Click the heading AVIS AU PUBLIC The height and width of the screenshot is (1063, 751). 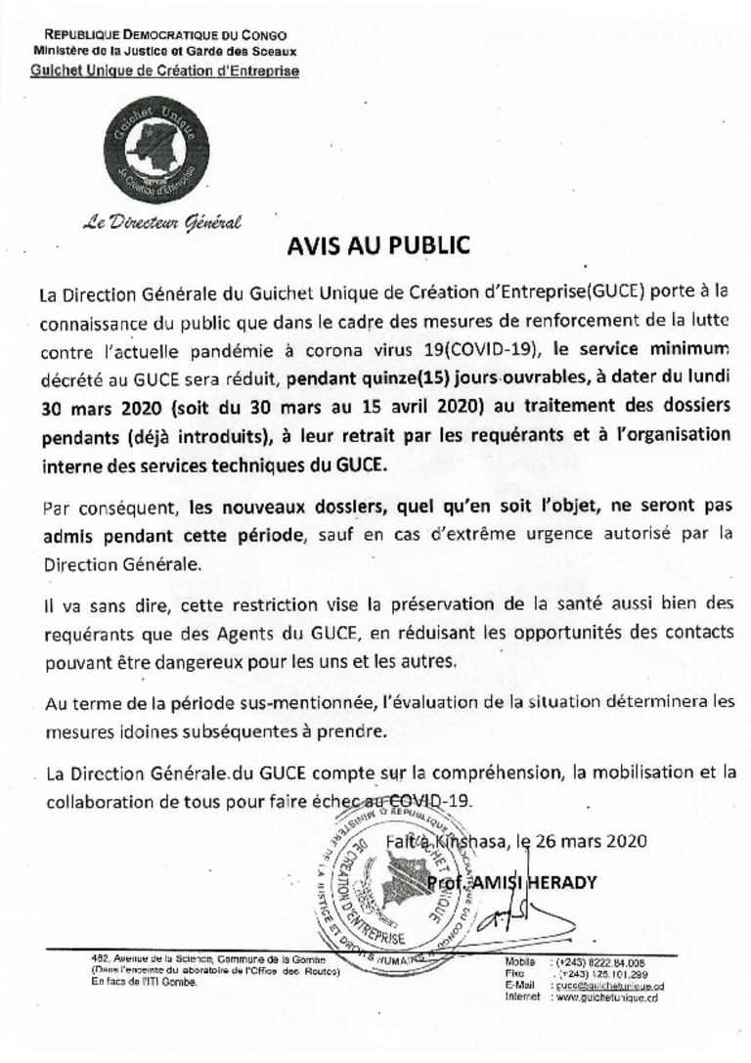pyautogui.click(x=377, y=245)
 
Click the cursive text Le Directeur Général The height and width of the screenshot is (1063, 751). pyautogui.click(x=161, y=222)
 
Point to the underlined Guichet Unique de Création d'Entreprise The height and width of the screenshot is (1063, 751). pyautogui.click(x=165, y=71)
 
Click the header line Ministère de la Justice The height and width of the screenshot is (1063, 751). pyautogui.click(x=165, y=51)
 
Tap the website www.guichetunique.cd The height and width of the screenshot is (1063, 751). pyautogui.click(x=607, y=997)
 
